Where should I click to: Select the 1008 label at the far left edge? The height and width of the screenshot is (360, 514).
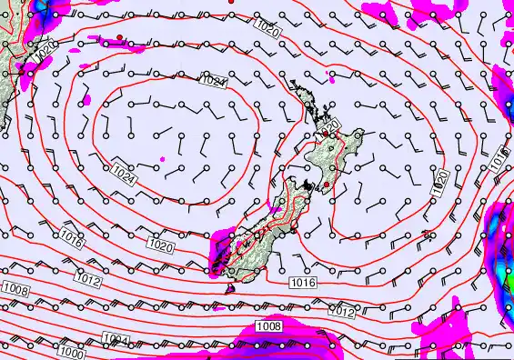[15, 289]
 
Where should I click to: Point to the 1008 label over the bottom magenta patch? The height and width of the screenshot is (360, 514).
[268, 325]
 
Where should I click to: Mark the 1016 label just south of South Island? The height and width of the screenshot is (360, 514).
[303, 284]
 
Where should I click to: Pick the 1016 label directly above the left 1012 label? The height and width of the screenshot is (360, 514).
[72, 238]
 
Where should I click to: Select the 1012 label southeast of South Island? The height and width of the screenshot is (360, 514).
[341, 312]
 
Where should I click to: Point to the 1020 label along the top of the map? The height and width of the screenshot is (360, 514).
[267, 30]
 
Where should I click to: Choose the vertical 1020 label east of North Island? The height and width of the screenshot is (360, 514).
[440, 182]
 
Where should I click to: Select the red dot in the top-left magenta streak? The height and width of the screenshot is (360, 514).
[119, 37]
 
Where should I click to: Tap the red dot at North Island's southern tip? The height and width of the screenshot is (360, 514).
[327, 184]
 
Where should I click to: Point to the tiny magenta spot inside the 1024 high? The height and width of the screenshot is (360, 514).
[164, 159]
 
